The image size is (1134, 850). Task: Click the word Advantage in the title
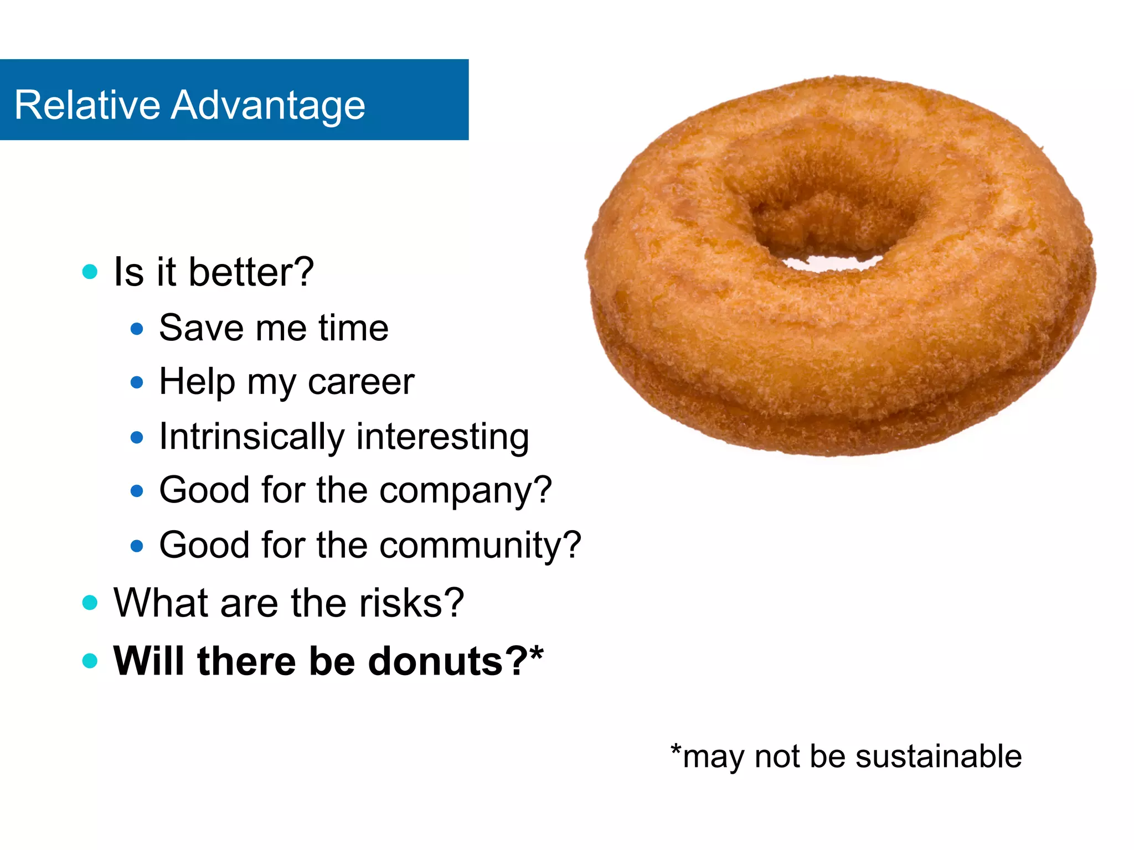pyautogui.click(x=268, y=106)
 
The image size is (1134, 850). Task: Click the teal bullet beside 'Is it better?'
pyautogui.click(x=90, y=272)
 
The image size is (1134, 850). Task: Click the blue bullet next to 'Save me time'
pyautogui.click(x=137, y=329)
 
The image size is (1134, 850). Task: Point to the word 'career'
pyautogui.click(x=360, y=382)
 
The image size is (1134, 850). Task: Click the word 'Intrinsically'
pyautogui.click(x=251, y=437)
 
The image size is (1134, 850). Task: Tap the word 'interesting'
pyautogui.click(x=442, y=437)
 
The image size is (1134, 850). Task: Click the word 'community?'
pyautogui.click(x=480, y=546)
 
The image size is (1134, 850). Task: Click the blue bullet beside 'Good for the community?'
pyautogui.click(x=137, y=546)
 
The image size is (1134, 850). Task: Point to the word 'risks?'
pyautogui.click(x=411, y=603)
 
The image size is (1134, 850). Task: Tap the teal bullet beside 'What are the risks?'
pyautogui.click(x=90, y=603)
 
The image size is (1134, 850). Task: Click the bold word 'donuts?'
pyautogui.click(x=447, y=661)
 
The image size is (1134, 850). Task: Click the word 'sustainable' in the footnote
pyautogui.click(x=938, y=756)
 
